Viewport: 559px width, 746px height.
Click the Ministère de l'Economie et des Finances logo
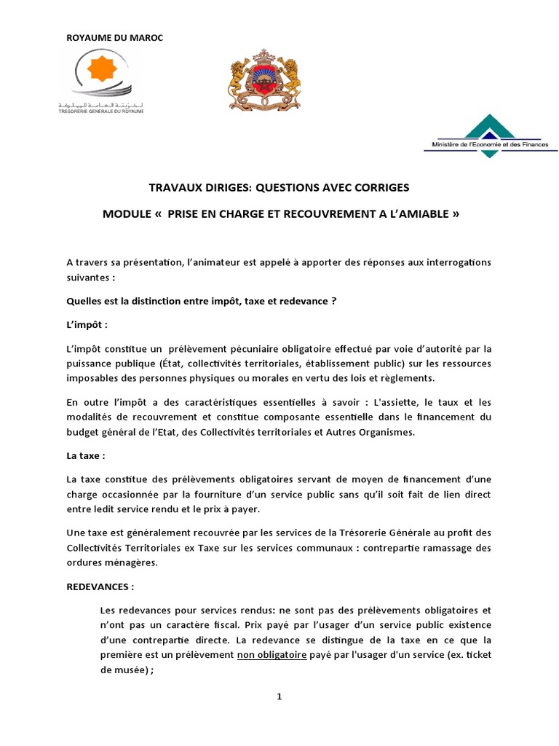tap(490, 133)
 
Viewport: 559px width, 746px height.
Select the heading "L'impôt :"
tap(87, 324)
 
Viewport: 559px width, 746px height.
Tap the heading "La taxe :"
tap(86, 455)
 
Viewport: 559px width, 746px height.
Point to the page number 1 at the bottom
tap(279, 697)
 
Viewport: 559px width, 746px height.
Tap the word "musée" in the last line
tap(128, 670)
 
